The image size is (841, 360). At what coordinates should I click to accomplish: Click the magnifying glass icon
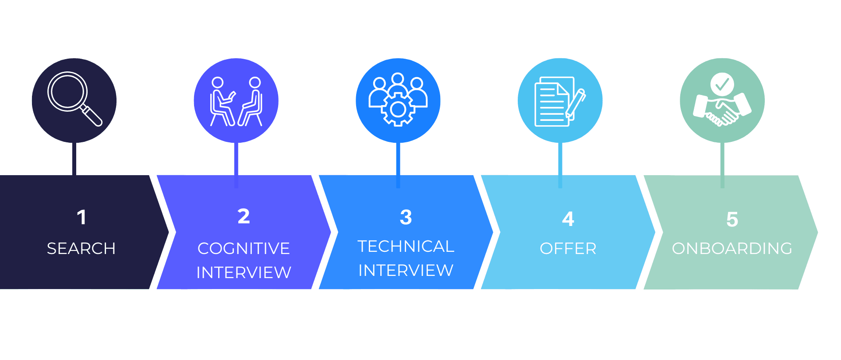pyautogui.click(x=75, y=99)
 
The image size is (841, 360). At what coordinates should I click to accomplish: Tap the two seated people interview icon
pyautogui.click(x=236, y=102)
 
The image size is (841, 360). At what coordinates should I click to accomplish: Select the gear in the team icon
pyautogui.click(x=398, y=109)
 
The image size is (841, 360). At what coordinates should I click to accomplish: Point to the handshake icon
pyautogui.click(x=722, y=109)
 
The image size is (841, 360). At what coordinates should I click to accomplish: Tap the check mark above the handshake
pyautogui.click(x=722, y=84)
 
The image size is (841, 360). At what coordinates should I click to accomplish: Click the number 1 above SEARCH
pyautogui.click(x=81, y=217)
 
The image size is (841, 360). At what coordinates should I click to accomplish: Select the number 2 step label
pyautogui.click(x=244, y=216)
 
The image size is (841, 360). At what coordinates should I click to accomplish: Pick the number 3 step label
pyautogui.click(x=406, y=217)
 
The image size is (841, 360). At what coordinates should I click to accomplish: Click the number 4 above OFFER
pyautogui.click(x=568, y=219)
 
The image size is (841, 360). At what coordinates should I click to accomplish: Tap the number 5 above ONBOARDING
pyautogui.click(x=732, y=219)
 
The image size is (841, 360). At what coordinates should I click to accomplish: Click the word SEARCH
pyautogui.click(x=81, y=249)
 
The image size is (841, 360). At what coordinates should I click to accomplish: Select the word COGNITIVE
pyautogui.click(x=244, y=249)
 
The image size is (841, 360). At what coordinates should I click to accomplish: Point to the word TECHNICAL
pyautogui.click(x=406, y=247)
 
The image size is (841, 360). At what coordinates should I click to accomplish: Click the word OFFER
pyautogui.click(x=568, y=249)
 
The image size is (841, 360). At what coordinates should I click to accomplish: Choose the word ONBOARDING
pyautogui.click(x=732, y=249)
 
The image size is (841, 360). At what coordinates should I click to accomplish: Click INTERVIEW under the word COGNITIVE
pyautogui.click(x=244, y=273)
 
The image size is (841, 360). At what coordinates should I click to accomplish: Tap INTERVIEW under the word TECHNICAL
pyautogui.click(x=406, y=271)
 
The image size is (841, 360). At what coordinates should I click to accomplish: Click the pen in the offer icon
pyautogui.click(x=576, y=104)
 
